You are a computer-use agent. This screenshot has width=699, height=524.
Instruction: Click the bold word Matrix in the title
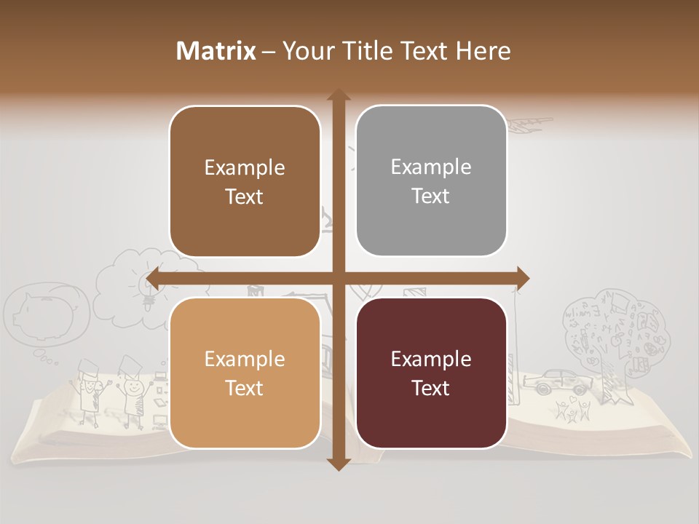(216, 51)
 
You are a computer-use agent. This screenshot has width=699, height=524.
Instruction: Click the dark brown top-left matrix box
(245, 182)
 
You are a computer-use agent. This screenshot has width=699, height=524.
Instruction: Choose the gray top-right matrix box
(431, 181)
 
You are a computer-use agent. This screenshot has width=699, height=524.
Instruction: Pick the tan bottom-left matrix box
(245, 373)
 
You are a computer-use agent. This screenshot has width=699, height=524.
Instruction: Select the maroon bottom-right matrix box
(431, 373)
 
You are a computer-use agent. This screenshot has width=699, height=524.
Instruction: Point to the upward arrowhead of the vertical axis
(338, 97)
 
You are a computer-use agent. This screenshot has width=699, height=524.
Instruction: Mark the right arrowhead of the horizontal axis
(521, 277)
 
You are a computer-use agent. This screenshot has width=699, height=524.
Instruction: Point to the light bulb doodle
(149, 292)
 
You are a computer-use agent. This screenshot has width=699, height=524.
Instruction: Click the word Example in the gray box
(431, 167)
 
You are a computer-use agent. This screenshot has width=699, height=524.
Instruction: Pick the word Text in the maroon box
(431, 388)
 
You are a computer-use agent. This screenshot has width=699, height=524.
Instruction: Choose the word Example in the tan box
(245, 360)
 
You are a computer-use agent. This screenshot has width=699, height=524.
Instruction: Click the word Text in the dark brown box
(245, 196)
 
